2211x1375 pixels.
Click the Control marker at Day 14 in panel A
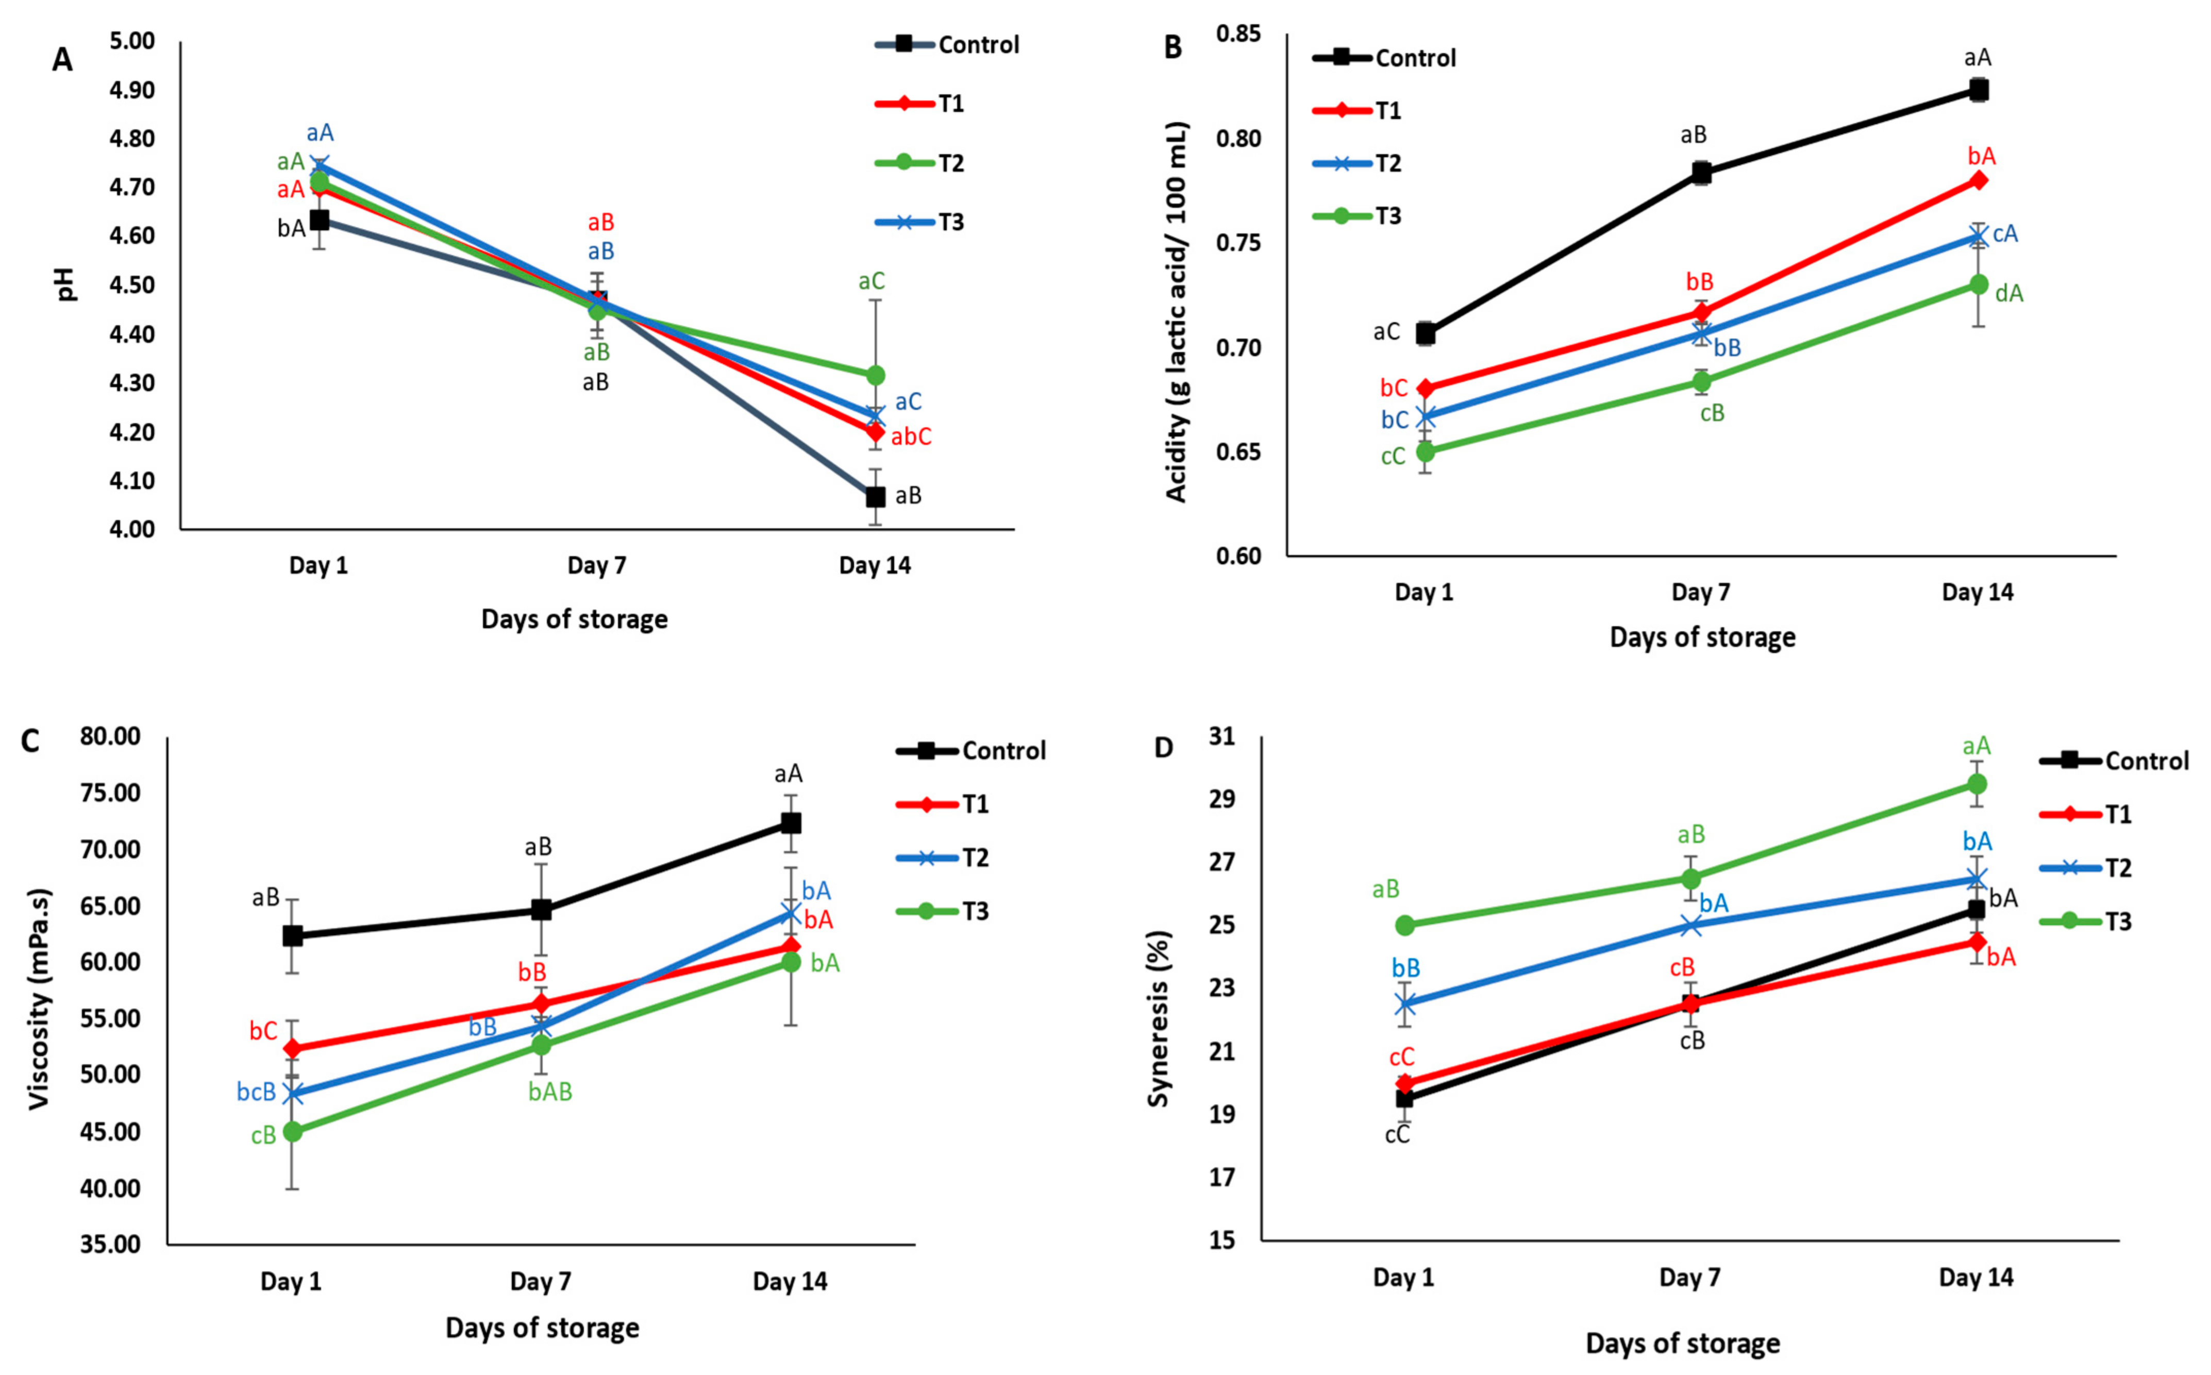pos(876,496)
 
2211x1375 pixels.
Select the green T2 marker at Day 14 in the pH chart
pos(876,375)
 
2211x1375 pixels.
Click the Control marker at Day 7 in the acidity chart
pos(1702,173)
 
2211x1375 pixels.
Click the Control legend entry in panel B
pos(1415,58)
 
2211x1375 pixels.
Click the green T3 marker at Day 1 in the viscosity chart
pos(293,1131)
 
